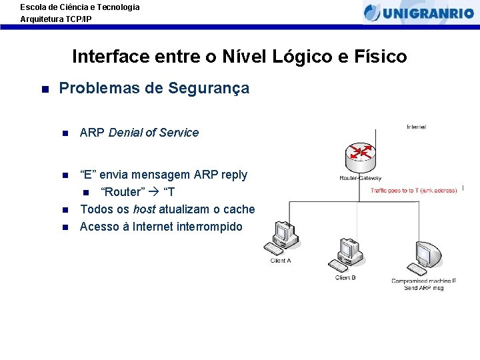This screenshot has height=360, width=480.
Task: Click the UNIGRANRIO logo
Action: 419,12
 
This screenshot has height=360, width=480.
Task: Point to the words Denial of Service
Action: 153,133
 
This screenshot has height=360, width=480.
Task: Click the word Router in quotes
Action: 122,192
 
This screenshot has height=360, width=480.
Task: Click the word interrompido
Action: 209,227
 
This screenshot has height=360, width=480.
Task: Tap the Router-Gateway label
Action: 361,179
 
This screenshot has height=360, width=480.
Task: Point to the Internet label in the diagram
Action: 417,127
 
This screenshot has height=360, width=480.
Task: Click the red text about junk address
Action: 415,191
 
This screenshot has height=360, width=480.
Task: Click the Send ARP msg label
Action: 424,288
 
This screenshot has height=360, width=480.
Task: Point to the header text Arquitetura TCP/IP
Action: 56,19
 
